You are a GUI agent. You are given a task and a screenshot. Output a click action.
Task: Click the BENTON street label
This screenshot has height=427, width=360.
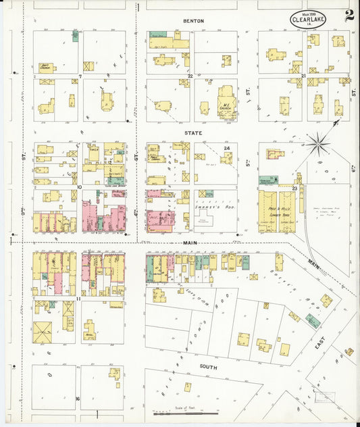pos(193,21)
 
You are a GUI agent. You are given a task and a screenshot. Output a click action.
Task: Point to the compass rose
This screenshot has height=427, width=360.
pos(316,142)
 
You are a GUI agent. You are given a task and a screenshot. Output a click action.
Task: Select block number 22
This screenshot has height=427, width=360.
pos(190,76)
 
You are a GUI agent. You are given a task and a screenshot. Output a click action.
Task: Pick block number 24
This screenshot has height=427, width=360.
pos(227,148)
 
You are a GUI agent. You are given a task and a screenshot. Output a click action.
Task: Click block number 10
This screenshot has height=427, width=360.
pos(79,187)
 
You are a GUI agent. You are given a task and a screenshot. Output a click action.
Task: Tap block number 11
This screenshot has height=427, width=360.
pos(79,297)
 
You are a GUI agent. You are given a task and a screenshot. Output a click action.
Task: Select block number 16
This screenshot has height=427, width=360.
pos(78,399)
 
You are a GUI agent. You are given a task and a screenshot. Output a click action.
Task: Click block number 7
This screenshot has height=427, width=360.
pos(79,76)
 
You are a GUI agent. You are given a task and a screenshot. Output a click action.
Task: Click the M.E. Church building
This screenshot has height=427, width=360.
pos(225,101)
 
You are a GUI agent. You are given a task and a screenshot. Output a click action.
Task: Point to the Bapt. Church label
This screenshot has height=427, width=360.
pos(46,67)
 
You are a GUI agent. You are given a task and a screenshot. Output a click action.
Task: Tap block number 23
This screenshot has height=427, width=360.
pos(295,188)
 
